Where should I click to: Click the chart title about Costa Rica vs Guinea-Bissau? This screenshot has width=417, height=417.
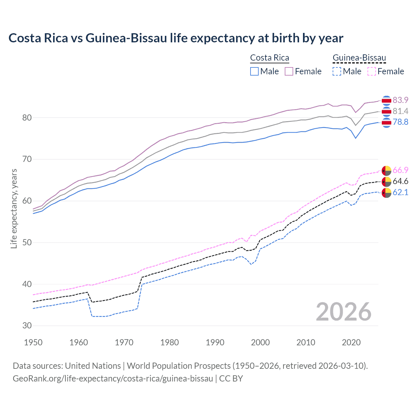pyautogui.click(x=176, y=38)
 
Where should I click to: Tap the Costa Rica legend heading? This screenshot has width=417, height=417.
pyautogui.click(x=269, y=58)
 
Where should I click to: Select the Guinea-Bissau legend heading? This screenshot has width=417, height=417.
pyautogui.click(x=359, y=58)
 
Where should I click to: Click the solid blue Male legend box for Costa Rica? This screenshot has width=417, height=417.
pyautogui.click(x=254, y=71)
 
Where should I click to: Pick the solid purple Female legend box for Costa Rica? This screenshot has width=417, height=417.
pyautogui.click(x=289, y=71)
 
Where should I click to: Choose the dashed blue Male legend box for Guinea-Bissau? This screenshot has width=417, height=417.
pyautogui.click(x=337, y=71)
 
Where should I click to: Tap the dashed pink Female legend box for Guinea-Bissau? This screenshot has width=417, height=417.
pyautogui.click(x=372, y=71)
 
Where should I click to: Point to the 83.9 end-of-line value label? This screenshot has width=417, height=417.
pyautogui.click(x=400, y=100)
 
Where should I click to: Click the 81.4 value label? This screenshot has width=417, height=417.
pyautogui.click(x=400, y=111)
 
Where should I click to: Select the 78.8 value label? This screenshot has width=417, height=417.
pyautogui.click(x=400, y=122)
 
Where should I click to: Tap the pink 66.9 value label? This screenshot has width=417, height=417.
pyautogui.click(x=400, y=170)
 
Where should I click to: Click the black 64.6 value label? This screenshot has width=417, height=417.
pyautogui.click(x=400, y=181)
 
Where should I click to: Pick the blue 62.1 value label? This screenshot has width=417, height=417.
pyautogui.click(x=400, y=192)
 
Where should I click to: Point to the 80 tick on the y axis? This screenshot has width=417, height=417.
pyautogui.click(x=27, y=118)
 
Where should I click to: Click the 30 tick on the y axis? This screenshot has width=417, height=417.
pyautogui.click(x=27, y=325)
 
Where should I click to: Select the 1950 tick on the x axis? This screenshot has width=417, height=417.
pyautogui.click(x=33, y=342)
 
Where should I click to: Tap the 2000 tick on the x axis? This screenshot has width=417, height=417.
pyautogui.click(x=260, y=342)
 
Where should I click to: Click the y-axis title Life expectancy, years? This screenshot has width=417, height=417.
pyautogui.click(x=14, y=208)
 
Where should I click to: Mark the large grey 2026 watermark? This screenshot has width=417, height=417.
pyautogui.click(x=343, y=312)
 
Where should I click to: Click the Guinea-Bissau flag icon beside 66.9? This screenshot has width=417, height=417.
pyautogui.click(x=386, y=170)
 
